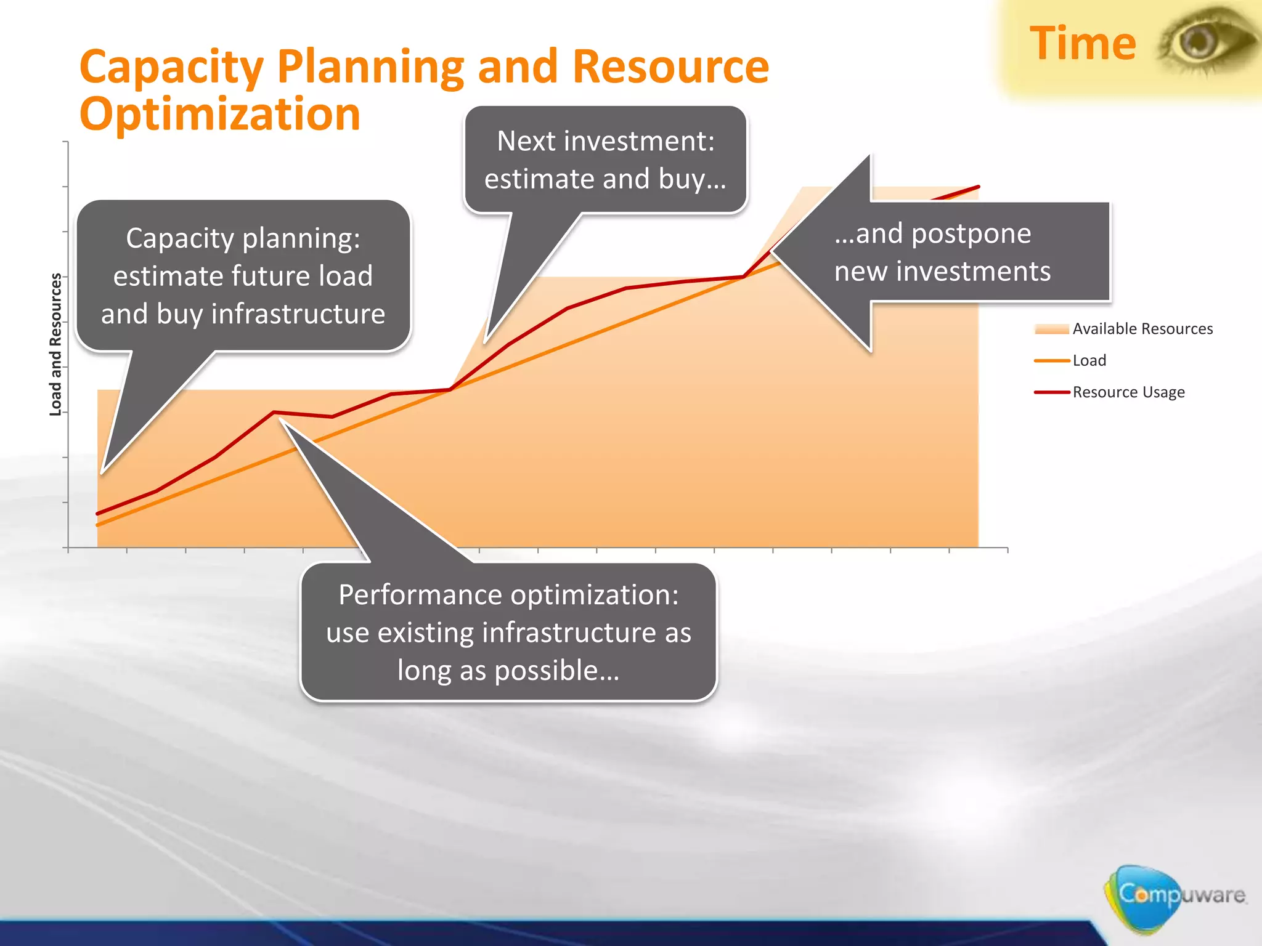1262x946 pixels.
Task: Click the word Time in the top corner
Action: pyautogui.click(x=1083, y=44)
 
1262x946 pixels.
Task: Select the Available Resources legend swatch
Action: pyautogui.click(x=1052, y=329)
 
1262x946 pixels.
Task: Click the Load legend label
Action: pyautogui.click(x=1089, y=360)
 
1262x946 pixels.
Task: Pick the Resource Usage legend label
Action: pyautogui.click(x=1128, y=392)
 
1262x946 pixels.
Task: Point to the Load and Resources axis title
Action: pyautogui.click(x=55, y=344)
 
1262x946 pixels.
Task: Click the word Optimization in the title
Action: pyautogui.click(x=220, y=115)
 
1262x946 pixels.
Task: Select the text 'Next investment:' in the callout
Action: pyautogui.click(x=606, y=141)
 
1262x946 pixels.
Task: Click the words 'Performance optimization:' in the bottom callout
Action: pyautogui.click(x=508, y=595)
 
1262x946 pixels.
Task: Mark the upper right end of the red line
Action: pyautogui.click(x=978, y=187)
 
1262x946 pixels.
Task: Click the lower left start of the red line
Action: pyautogui.click(x=98, y=513)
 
